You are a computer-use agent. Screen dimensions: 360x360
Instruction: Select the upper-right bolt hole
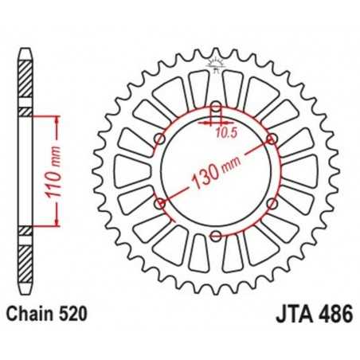pyautogui.click(x=272, y=139)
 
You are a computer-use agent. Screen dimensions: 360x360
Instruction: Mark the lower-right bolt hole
pyautogui.click(x=272, y=203)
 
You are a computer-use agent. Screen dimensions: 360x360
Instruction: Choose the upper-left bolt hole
pyautogui.click(x=160, y=139)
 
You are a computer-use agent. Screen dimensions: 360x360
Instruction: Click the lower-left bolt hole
pyautogui.click(x=160, y=203)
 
